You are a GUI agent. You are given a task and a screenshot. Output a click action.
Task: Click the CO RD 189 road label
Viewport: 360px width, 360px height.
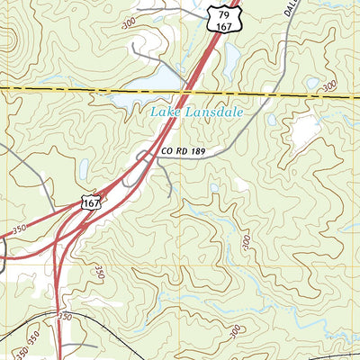click(186, 153)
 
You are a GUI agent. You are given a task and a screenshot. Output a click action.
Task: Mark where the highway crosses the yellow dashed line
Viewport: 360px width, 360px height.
click(187, 90)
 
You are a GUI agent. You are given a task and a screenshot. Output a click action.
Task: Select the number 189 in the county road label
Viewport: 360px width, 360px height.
click(202, 153)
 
